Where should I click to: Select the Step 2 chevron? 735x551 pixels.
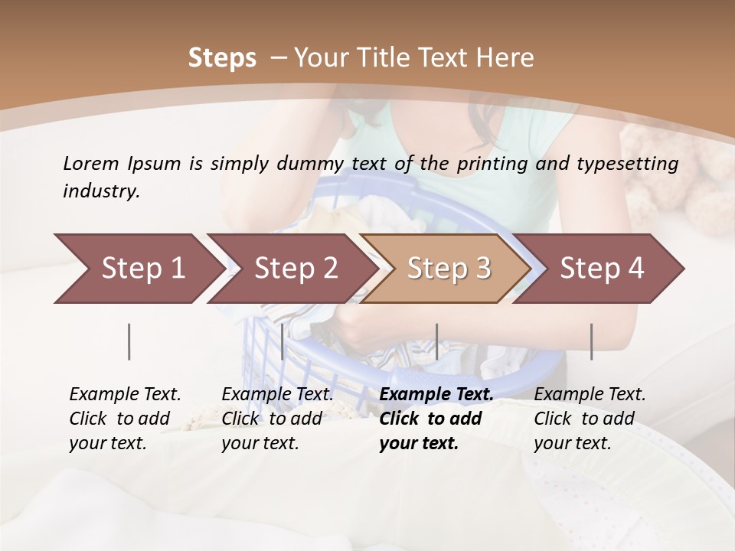click(296, 268)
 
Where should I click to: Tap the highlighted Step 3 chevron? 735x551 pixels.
click(449, 268)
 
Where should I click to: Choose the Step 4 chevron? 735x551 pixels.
click(602, 268)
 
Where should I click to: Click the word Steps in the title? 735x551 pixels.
click(222, 57)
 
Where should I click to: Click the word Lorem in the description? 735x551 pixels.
click(91, 163)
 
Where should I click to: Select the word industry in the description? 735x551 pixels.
click(101, 191)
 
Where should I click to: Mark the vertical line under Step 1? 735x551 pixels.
click(129, 341)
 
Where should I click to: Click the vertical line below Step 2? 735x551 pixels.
click(283, 341)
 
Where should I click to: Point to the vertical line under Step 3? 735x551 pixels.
click(436, 341)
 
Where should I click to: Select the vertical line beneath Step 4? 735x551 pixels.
click(591, 341)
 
